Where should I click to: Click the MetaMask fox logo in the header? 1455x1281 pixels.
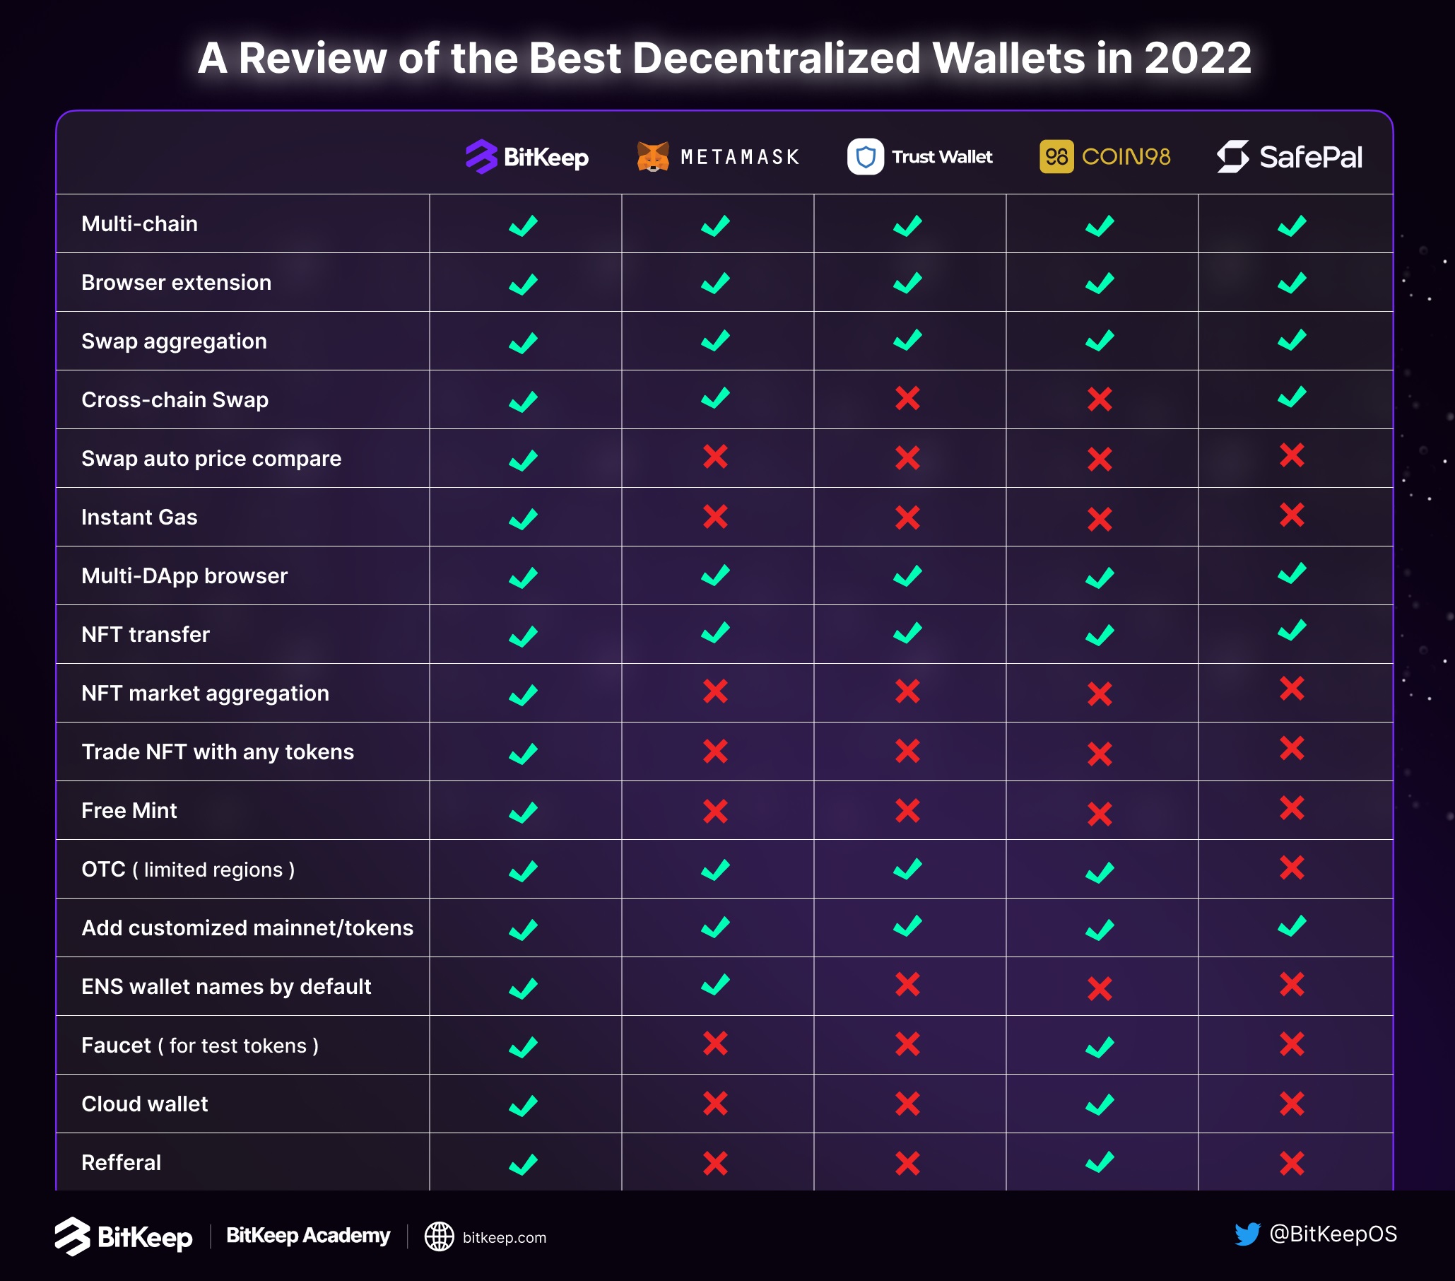[652, 157]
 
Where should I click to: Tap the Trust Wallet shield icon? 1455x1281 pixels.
[865, 157]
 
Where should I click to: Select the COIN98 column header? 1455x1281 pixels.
[1104, 157]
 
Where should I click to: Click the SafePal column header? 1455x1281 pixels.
[1290, 157]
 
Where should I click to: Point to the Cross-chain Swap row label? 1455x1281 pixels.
[175, 399]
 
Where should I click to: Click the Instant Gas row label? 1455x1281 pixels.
[139, 517]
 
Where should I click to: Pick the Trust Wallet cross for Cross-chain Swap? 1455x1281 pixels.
[907, 398]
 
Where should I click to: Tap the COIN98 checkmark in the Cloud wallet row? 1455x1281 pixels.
[1100, 1104]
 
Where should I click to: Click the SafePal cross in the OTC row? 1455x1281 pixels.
[1292, 867]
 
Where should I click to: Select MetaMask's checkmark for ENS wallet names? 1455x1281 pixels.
[715, 985]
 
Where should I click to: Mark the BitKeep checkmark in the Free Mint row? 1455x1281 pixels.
[523, 812]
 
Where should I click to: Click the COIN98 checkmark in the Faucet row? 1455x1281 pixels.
[1100, 1047]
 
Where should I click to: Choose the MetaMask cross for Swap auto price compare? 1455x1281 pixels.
[715, 457]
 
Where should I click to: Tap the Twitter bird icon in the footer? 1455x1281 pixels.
[1247, 1234]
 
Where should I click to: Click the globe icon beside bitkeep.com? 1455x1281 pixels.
[440, 1237]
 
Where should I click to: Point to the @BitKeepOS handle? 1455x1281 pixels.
[1333, 1234]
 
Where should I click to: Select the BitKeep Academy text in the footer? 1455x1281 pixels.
[308, 1236]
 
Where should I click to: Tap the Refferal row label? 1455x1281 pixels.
[121, 1163]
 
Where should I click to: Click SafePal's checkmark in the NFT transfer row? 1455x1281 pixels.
[1292, 630]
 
